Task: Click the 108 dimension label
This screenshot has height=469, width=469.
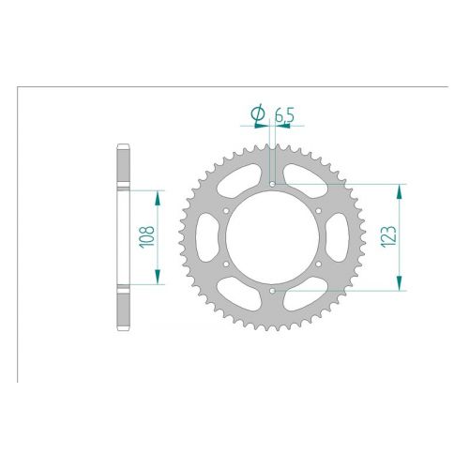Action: (147, 237)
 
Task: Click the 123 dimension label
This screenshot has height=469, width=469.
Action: (388, 236)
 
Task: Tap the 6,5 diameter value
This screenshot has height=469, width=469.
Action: (284, 116)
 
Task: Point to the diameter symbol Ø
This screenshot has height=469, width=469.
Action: (258, 114)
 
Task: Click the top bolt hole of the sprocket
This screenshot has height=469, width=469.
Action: (272, 185)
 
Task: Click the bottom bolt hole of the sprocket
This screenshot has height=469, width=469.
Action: (272, 291)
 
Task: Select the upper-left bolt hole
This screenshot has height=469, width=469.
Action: (226, 211)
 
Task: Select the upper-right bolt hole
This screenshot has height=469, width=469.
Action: (318, 211)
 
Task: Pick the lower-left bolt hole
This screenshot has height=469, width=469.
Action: (226, 265)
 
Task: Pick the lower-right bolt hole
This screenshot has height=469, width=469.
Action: (318, 265)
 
